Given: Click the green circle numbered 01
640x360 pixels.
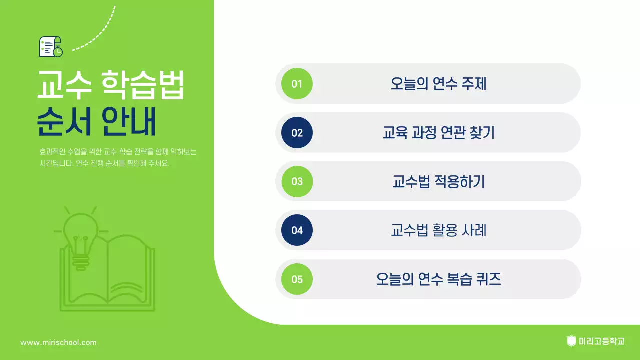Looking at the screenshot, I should (x=297, y=84).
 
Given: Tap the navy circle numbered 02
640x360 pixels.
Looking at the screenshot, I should (x=297, y=133).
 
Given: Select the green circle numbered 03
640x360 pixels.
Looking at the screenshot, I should (x=297, y=181).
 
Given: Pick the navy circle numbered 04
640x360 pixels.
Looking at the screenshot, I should (x=297, y=230).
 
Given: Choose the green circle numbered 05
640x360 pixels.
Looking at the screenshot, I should (x=297, y=279).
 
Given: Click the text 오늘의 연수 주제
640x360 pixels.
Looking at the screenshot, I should (x=438, y=84).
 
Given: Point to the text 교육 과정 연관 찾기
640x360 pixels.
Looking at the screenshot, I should (x=438, y=133).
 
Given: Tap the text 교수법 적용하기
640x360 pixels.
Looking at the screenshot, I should (x=438, y=181).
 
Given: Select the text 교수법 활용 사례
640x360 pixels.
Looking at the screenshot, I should (x=438, y=230).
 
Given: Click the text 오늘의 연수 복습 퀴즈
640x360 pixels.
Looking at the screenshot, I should (x=438, y=279).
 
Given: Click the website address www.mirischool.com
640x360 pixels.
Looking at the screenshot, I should (x=58, y=343).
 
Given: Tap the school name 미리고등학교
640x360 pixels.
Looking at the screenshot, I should (x=601, y=342).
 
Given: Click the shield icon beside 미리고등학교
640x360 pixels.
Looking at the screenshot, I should (x=571, y=341).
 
